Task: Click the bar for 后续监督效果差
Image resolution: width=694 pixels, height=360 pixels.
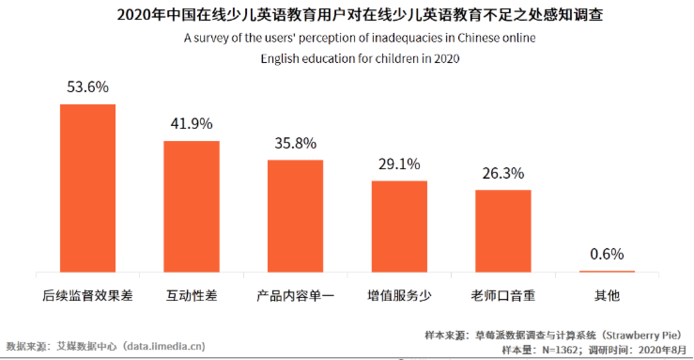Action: point(87,188)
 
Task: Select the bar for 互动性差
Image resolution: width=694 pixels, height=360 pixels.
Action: point(191,206)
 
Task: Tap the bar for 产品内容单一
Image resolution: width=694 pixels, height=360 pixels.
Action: point(296,216)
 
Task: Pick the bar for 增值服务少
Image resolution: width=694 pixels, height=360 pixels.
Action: point(399,226)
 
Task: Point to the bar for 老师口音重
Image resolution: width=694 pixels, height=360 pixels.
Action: point(503,231)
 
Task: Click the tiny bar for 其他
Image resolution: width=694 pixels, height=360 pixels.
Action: point(607,271)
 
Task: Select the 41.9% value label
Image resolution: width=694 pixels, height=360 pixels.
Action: point(191,124)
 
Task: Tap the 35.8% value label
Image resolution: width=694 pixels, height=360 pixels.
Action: point(296,143)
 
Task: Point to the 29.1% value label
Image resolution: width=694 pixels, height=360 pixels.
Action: point(399,164)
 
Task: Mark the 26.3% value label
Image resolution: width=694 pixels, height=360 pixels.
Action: point(503,174)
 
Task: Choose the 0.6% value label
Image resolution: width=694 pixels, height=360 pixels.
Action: point(607,254)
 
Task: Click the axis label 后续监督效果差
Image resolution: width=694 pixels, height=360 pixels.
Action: point(87,296)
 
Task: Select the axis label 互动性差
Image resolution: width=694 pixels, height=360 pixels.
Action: point(191,296)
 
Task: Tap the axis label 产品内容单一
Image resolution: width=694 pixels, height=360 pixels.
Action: point(296,296)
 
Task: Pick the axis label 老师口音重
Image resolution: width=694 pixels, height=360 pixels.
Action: point(503,296)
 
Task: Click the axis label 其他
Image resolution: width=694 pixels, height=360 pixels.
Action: point(607,296)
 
